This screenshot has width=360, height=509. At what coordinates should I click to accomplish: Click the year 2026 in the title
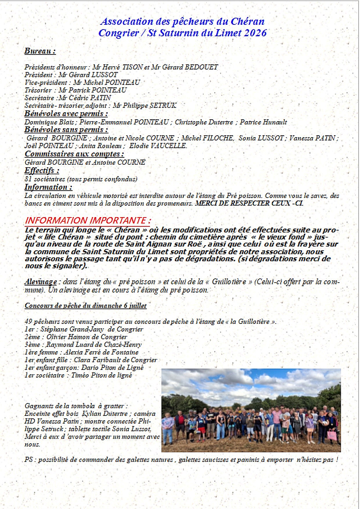coord(255,33)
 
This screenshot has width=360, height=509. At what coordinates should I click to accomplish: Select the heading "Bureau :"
coord(40,51)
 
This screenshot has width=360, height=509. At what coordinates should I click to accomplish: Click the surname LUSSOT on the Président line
coord(105,75)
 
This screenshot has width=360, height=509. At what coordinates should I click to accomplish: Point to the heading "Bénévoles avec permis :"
coord(66,113)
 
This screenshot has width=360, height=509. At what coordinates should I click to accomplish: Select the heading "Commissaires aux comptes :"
coord(74,154)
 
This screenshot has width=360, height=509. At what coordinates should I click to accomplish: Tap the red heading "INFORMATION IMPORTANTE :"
coord(88,220)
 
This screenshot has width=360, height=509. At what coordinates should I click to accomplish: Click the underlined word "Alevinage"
coord(41,282)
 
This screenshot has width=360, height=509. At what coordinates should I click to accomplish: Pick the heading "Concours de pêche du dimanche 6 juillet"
coord(86,306)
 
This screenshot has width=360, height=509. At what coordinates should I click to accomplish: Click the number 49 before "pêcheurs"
coord(28,322)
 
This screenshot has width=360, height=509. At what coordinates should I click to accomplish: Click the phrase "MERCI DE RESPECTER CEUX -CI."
coord(249,203)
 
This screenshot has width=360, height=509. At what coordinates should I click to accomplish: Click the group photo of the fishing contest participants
coord(251,410)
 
